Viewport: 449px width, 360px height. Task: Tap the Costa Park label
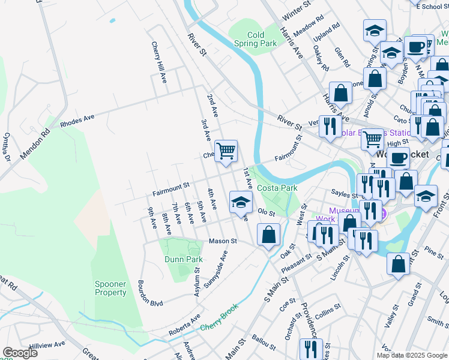tap(277, 188)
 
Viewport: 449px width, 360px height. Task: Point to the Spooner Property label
tap(110, 288)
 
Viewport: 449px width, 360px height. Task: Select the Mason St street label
tap(223, 241)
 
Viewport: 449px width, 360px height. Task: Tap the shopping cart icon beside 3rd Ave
tap(226, 151)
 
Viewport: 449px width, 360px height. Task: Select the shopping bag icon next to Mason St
tap(268, 234)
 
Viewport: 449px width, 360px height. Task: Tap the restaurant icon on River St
tap(330, 126)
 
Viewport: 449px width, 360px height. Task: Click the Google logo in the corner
tap(20, 353)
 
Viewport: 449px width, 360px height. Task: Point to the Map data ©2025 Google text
tap(412, 355)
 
